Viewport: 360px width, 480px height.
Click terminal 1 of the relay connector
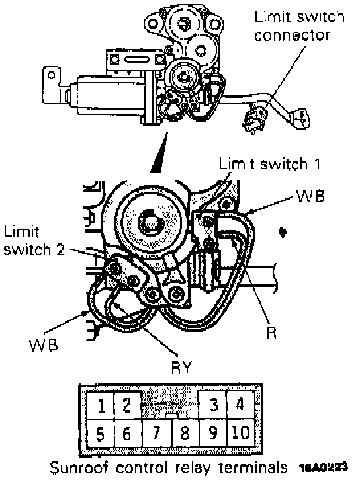101,405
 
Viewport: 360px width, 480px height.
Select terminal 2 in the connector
128,405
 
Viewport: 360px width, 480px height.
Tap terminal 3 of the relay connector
212,405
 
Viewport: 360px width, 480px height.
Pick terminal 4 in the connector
240,405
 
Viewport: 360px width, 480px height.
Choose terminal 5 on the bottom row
101,433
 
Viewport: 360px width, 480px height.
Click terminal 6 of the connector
128,433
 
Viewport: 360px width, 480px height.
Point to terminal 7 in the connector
157,433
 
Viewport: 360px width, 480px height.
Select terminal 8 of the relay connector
185,433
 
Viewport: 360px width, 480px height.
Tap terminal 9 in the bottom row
212,433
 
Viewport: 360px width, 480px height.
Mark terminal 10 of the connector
240,433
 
